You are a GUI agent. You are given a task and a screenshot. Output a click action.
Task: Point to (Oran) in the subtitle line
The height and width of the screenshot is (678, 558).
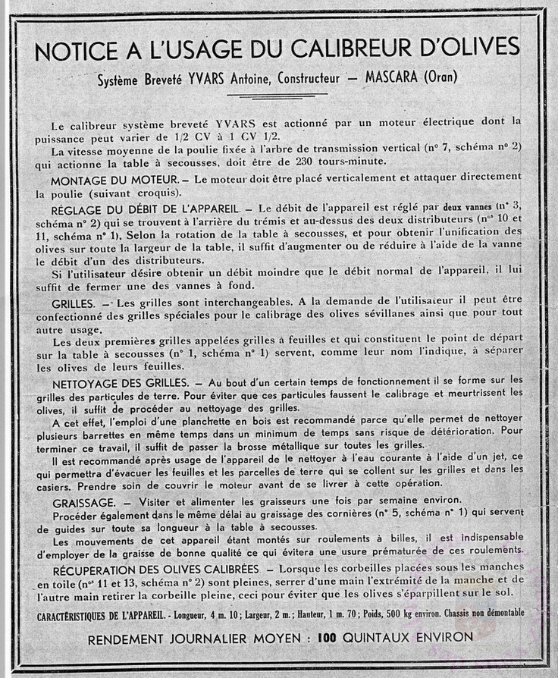442,77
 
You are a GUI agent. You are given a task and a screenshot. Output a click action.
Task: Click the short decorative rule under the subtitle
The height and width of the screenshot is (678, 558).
277,95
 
